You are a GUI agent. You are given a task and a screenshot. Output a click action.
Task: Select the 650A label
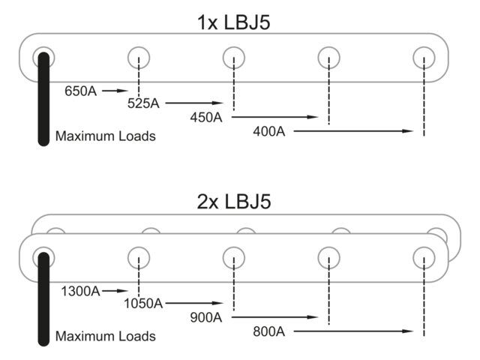(81, 91)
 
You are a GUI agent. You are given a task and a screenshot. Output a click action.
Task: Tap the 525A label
(143, 103)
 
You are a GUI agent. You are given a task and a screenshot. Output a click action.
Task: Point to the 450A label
(205, 117)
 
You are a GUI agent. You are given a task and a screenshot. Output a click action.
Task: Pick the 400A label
(269, 131)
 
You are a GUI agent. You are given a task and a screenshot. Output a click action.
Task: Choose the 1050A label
(143, 304)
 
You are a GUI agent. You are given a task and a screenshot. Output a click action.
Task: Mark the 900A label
(205, 316)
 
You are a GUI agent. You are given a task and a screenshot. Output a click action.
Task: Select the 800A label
(269, 331)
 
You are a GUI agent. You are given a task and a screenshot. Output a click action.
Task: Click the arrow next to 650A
(117, 91)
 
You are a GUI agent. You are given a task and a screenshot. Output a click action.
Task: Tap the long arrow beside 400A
(352, 131)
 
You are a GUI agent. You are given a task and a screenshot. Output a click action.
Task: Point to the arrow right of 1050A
(195, 304)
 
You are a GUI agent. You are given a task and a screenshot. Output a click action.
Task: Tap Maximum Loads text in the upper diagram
(106, 136)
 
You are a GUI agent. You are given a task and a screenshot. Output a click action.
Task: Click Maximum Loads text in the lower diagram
(106, 336)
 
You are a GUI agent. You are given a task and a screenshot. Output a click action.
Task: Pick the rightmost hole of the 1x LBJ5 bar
(424, 57)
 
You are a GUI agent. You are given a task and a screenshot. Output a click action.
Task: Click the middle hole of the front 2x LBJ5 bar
(234, 257)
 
